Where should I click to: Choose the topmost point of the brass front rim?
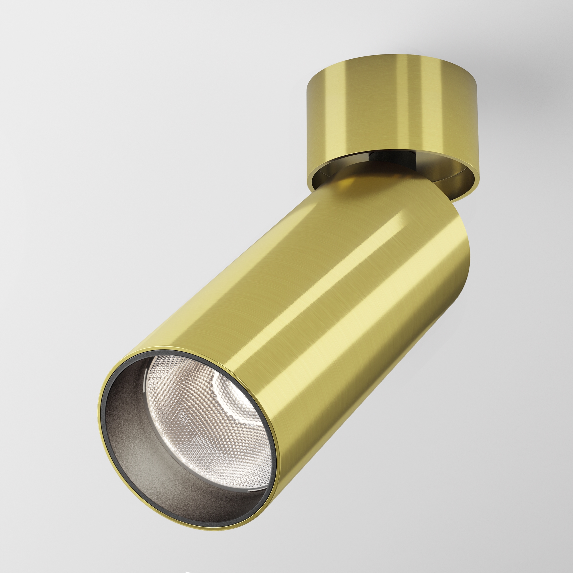click(x=166, y=347)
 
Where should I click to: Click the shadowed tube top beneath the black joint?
click(x=356, y=184)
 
